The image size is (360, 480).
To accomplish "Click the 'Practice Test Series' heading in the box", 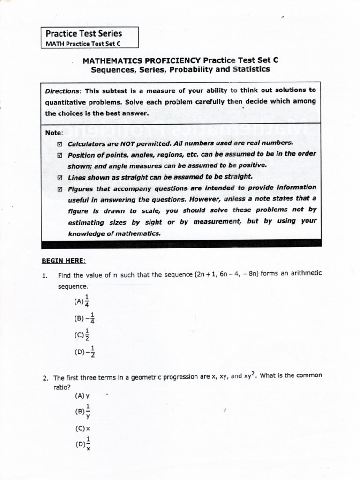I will pos(83,33).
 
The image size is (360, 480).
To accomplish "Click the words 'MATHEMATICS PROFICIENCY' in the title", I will pos(141,60).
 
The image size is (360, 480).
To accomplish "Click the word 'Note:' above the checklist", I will pos(54,133).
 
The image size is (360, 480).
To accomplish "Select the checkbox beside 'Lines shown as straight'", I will pos(60,178).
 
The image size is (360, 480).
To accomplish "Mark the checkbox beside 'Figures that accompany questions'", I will pos(60,189).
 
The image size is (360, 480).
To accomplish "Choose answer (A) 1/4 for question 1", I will pos(81,301).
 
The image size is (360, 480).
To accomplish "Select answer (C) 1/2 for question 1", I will pos(81,335).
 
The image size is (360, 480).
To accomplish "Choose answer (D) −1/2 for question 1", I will pos(84,351).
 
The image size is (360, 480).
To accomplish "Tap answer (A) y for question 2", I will pos(82,396).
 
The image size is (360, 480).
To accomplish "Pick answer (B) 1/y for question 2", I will pos(82,412).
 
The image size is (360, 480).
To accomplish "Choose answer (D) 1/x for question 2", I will pos(82,443).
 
